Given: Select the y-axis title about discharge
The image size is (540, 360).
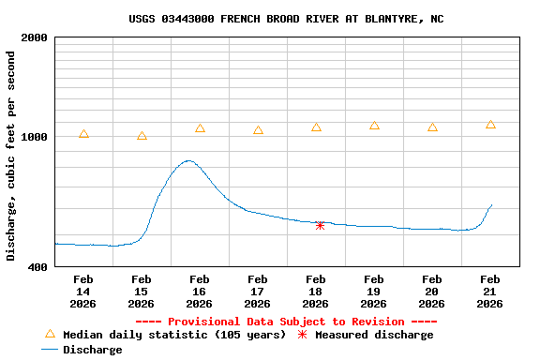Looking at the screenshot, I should (x=11, y=156).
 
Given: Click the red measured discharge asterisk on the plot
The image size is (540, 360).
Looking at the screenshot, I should (x=320, y=225).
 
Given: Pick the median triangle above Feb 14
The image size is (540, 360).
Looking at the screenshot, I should (x=84, y=134).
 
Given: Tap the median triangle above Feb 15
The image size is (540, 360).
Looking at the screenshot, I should (x=142, y=136).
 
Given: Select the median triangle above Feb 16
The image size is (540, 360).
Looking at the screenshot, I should (x=200, y=128).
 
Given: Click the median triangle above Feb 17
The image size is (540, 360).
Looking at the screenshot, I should (x=258, y=130).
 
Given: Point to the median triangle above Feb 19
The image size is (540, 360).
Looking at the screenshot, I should (x=374, y=125).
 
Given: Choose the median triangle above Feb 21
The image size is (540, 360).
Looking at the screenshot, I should (x=490, y=125).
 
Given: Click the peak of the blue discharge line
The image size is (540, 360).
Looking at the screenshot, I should (x=189, y=160).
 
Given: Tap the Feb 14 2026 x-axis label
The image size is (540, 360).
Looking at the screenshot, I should (x=82, y=292).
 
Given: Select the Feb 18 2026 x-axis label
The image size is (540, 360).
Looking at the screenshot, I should (x=316, y=292).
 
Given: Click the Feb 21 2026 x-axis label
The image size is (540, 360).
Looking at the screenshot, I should (x=490, y=292).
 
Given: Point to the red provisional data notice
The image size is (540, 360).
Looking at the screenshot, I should (x=279, y=322).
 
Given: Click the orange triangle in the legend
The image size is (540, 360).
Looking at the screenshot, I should (x=50, y=334).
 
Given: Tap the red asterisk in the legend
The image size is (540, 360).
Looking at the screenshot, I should (x=302, y=335).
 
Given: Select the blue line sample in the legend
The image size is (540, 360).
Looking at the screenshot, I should (x=50, y=350).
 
